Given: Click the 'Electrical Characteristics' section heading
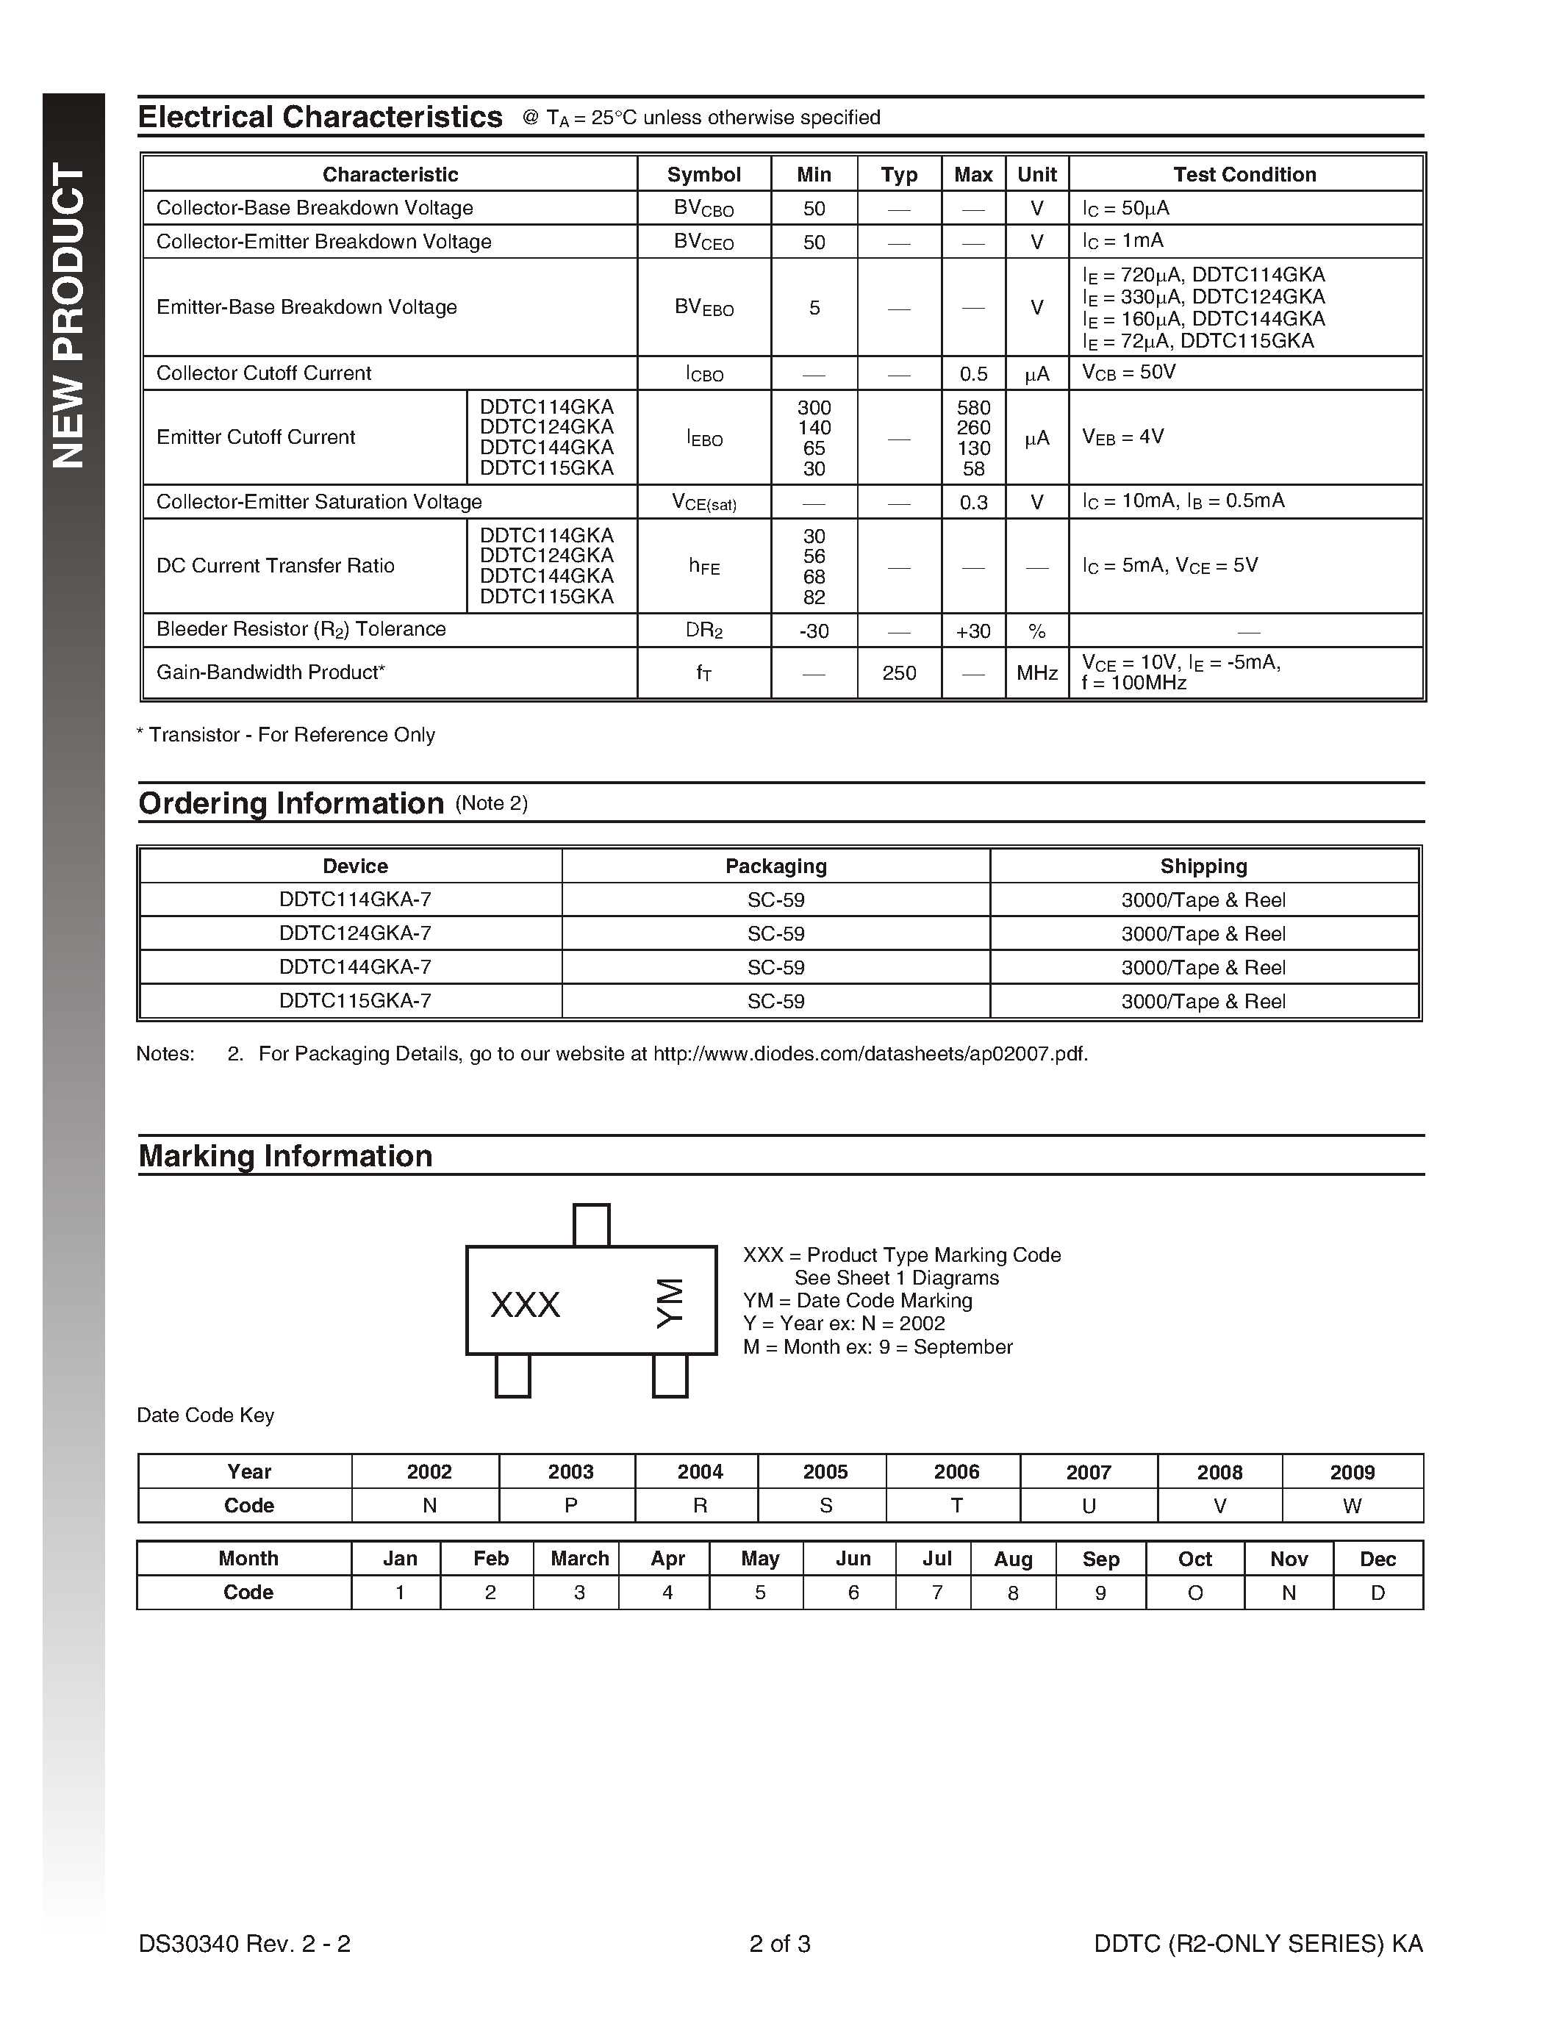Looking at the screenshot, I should pyautogui.click(x=320, y=118).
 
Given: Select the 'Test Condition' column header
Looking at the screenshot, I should pyautogui.click(x=1244, y=175).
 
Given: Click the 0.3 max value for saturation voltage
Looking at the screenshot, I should pyautogui.click(x=973, y=503).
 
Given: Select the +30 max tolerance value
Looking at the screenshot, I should pyautogui.click(x=973, y=632).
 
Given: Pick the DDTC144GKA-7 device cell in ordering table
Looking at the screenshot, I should pyautogui.click(x=354, y=967).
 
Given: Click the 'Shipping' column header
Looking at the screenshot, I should pyautogui.click(x=1203, y=866).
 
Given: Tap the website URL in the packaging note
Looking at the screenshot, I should pyautogui.click(x=870, y=1054).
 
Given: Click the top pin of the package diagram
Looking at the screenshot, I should pyautogui.click(x=591, y=1225).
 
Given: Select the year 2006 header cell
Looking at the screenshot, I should pyautogui.click(x=956, y=1472).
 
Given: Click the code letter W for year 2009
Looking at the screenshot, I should pyautogui.click(x=1352, y=1507).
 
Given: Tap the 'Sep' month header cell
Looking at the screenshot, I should pyautogui.click(x=1100, y=1559).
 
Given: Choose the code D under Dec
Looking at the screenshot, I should pyautogui.click(x=1377, y=1593).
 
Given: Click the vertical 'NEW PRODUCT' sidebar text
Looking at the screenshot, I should pyautogui.click(x=69, y=315).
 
